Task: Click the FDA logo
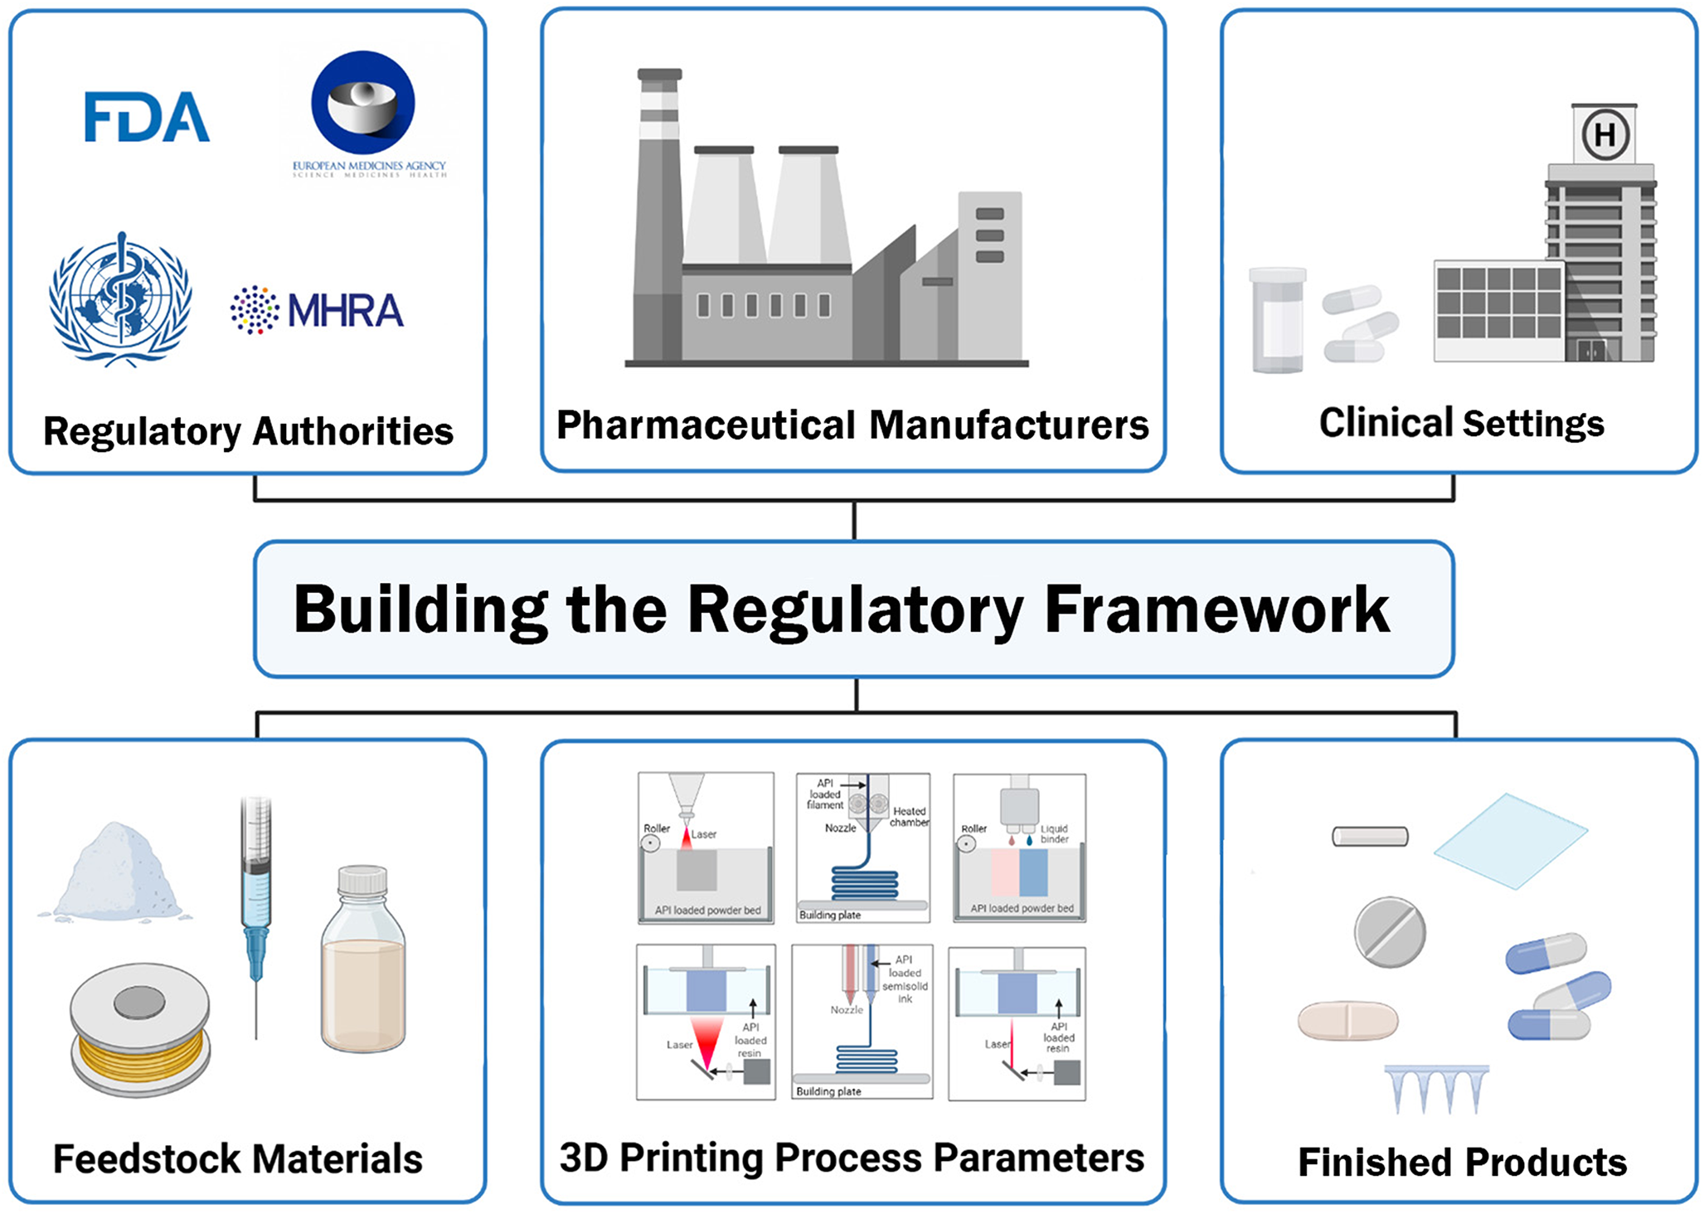coord(147,117)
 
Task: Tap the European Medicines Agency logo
coord(363,104)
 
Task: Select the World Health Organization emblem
coord(121,299)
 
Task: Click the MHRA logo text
coord(344,311)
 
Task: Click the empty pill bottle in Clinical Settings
coord(1278,320)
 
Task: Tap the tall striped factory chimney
coord(659,216)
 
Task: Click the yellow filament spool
coord(139,1029)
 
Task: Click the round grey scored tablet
coord(1390,932)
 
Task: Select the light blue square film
coord(1510,840)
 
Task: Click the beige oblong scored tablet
coord(1347,1020)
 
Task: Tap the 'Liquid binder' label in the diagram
coord(1054,833)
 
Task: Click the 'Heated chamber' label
coord(909,817)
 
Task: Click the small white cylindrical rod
coord(1370,836)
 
